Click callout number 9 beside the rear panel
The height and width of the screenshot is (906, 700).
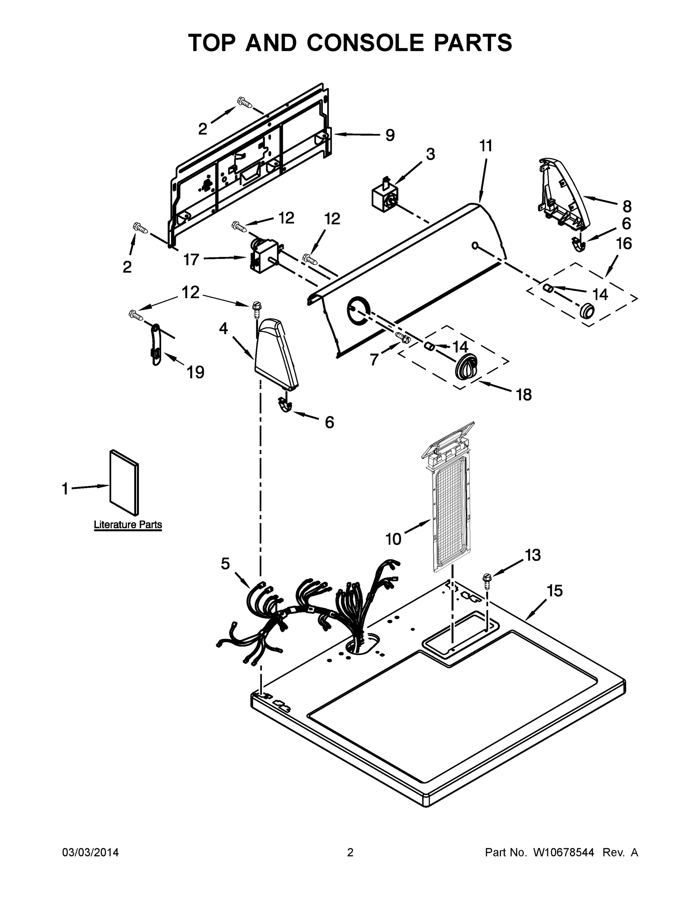[390, 135]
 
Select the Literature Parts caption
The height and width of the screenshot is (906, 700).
[128, 524]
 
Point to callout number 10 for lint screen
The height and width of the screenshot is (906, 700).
[393, 539]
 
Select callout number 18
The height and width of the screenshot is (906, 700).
[524, 395]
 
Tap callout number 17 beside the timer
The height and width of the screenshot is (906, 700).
[191, 260]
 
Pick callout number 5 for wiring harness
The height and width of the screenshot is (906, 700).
[225, 563]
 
